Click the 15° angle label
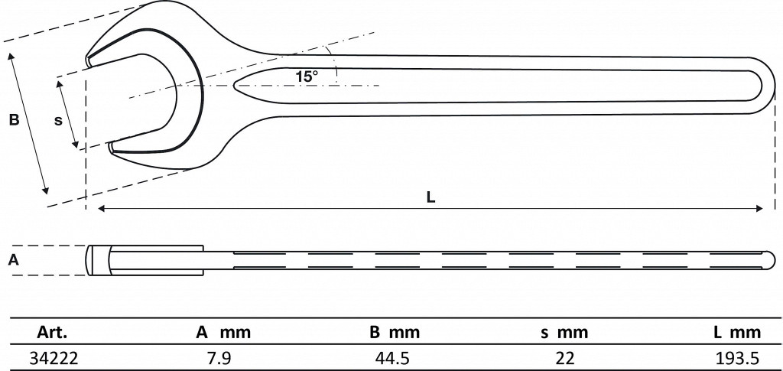click(x=306, y=77)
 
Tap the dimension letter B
click(x=14, y=120)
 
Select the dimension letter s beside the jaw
click(x=58, y=121)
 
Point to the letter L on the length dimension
click(x=431, y=197)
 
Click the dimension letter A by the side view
click(x=14, y=259)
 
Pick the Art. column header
click(x=52, y=333)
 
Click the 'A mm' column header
click(x=223, y=333)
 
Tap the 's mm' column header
click(x=564, y=333)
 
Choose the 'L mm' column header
click(x=738, y=333)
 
